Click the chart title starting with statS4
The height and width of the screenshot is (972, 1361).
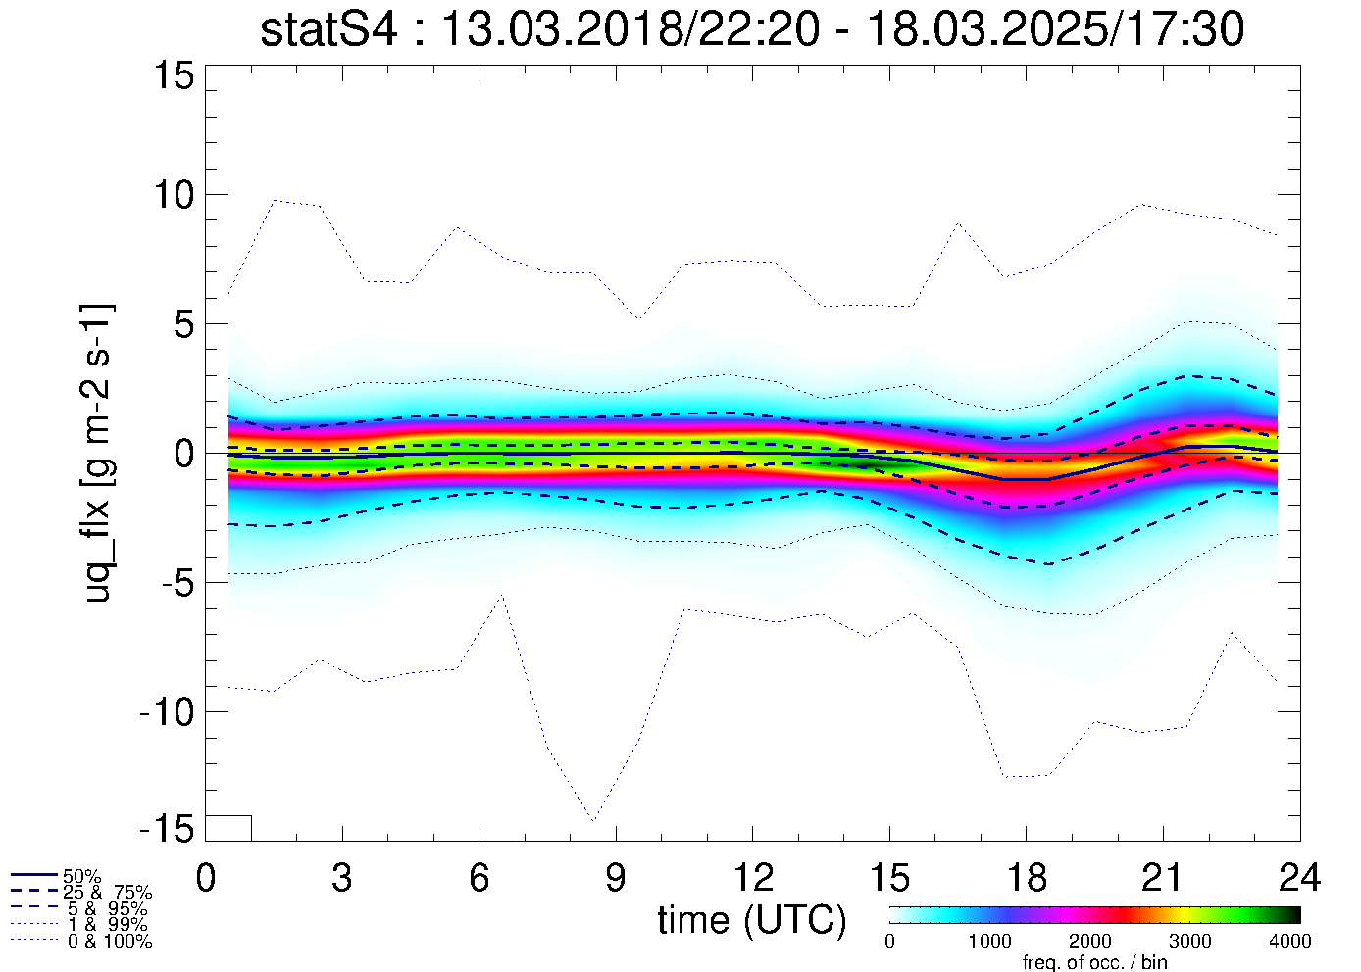(x=752, y=30)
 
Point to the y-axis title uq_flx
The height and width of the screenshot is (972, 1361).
(x=98, y=452)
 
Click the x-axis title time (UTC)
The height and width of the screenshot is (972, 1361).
(x=751, y=920)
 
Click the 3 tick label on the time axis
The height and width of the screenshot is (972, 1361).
(x=341, y=878)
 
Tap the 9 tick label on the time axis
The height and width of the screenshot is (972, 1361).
(x=615, y=878)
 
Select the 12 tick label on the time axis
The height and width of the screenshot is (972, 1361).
(x=752, y=878)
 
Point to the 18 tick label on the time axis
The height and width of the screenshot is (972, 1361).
(x=1026, y=878)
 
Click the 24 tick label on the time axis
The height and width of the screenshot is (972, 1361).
(x=1299, y=878)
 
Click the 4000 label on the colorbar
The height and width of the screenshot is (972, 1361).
(x=1290, y=942)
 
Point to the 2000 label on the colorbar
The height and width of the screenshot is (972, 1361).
(x=1089, y=942)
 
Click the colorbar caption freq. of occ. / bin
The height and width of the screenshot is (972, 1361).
(x=1094, y=962)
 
